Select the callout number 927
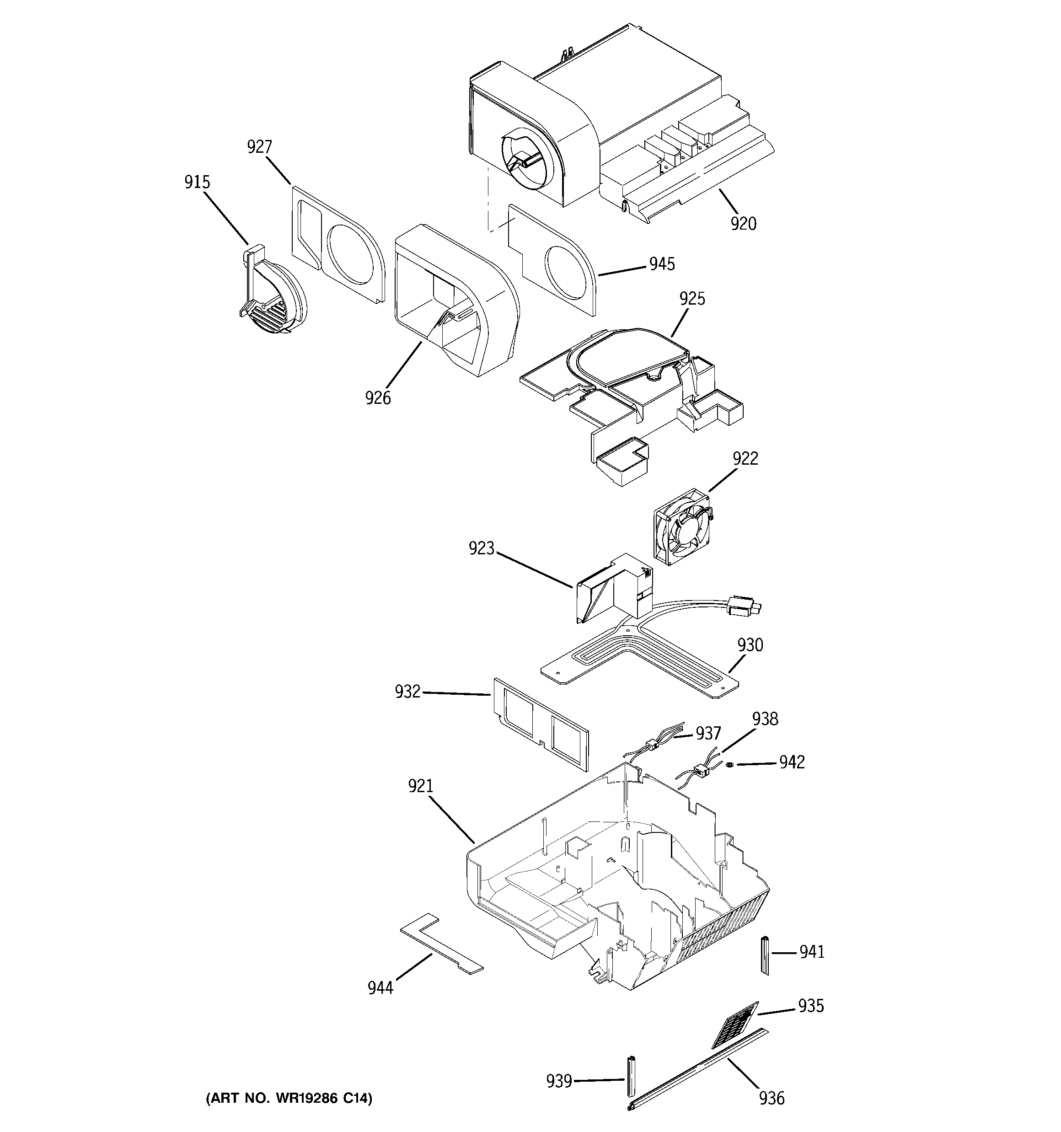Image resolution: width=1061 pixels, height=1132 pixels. coord(259,147)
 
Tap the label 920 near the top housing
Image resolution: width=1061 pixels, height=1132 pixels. coord(743,224)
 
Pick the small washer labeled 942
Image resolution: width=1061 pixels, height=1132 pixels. coord(729,764)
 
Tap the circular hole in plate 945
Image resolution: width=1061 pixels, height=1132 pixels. coord(568,274)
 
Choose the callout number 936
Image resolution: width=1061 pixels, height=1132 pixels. coord(771,1097)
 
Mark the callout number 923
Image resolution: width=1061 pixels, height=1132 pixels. coord(481,548)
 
